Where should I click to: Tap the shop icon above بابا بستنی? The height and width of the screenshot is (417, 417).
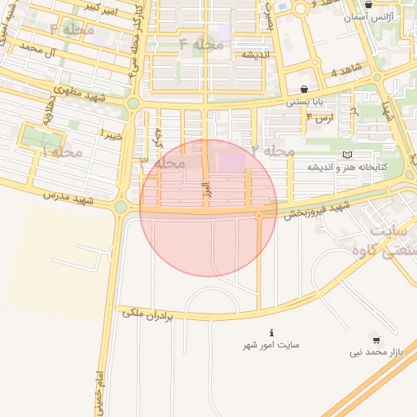pyautogui.click(x=304, y=90)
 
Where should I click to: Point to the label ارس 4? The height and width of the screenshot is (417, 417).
pyautogui.click(x=320, y=117)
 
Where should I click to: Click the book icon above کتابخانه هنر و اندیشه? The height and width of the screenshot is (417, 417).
pyautogui.click(x=348, y=155)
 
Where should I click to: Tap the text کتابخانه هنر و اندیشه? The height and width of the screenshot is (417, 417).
pyautogui.click(x=347, y=166)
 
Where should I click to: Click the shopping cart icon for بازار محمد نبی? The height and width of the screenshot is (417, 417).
pyautogui.click(x=375, y=340)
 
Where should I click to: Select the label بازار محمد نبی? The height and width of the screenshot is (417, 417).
pyautogui.click(x=376, y=352)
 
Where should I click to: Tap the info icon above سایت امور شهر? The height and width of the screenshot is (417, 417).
pyautogui.click(x=271, y=333)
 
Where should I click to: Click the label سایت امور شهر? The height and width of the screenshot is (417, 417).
pyautogui.click(x=271, y=345)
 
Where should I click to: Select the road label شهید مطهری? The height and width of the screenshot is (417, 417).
pyautogui.click(x=81, y=94)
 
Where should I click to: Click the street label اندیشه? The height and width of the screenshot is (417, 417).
pyautogui.click(x=256, y=54)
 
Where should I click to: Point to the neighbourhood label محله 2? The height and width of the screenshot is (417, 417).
pyautogui.click(x=274, y=151)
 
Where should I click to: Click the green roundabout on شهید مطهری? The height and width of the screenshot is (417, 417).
pyautogui.click(x=133, y=103)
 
